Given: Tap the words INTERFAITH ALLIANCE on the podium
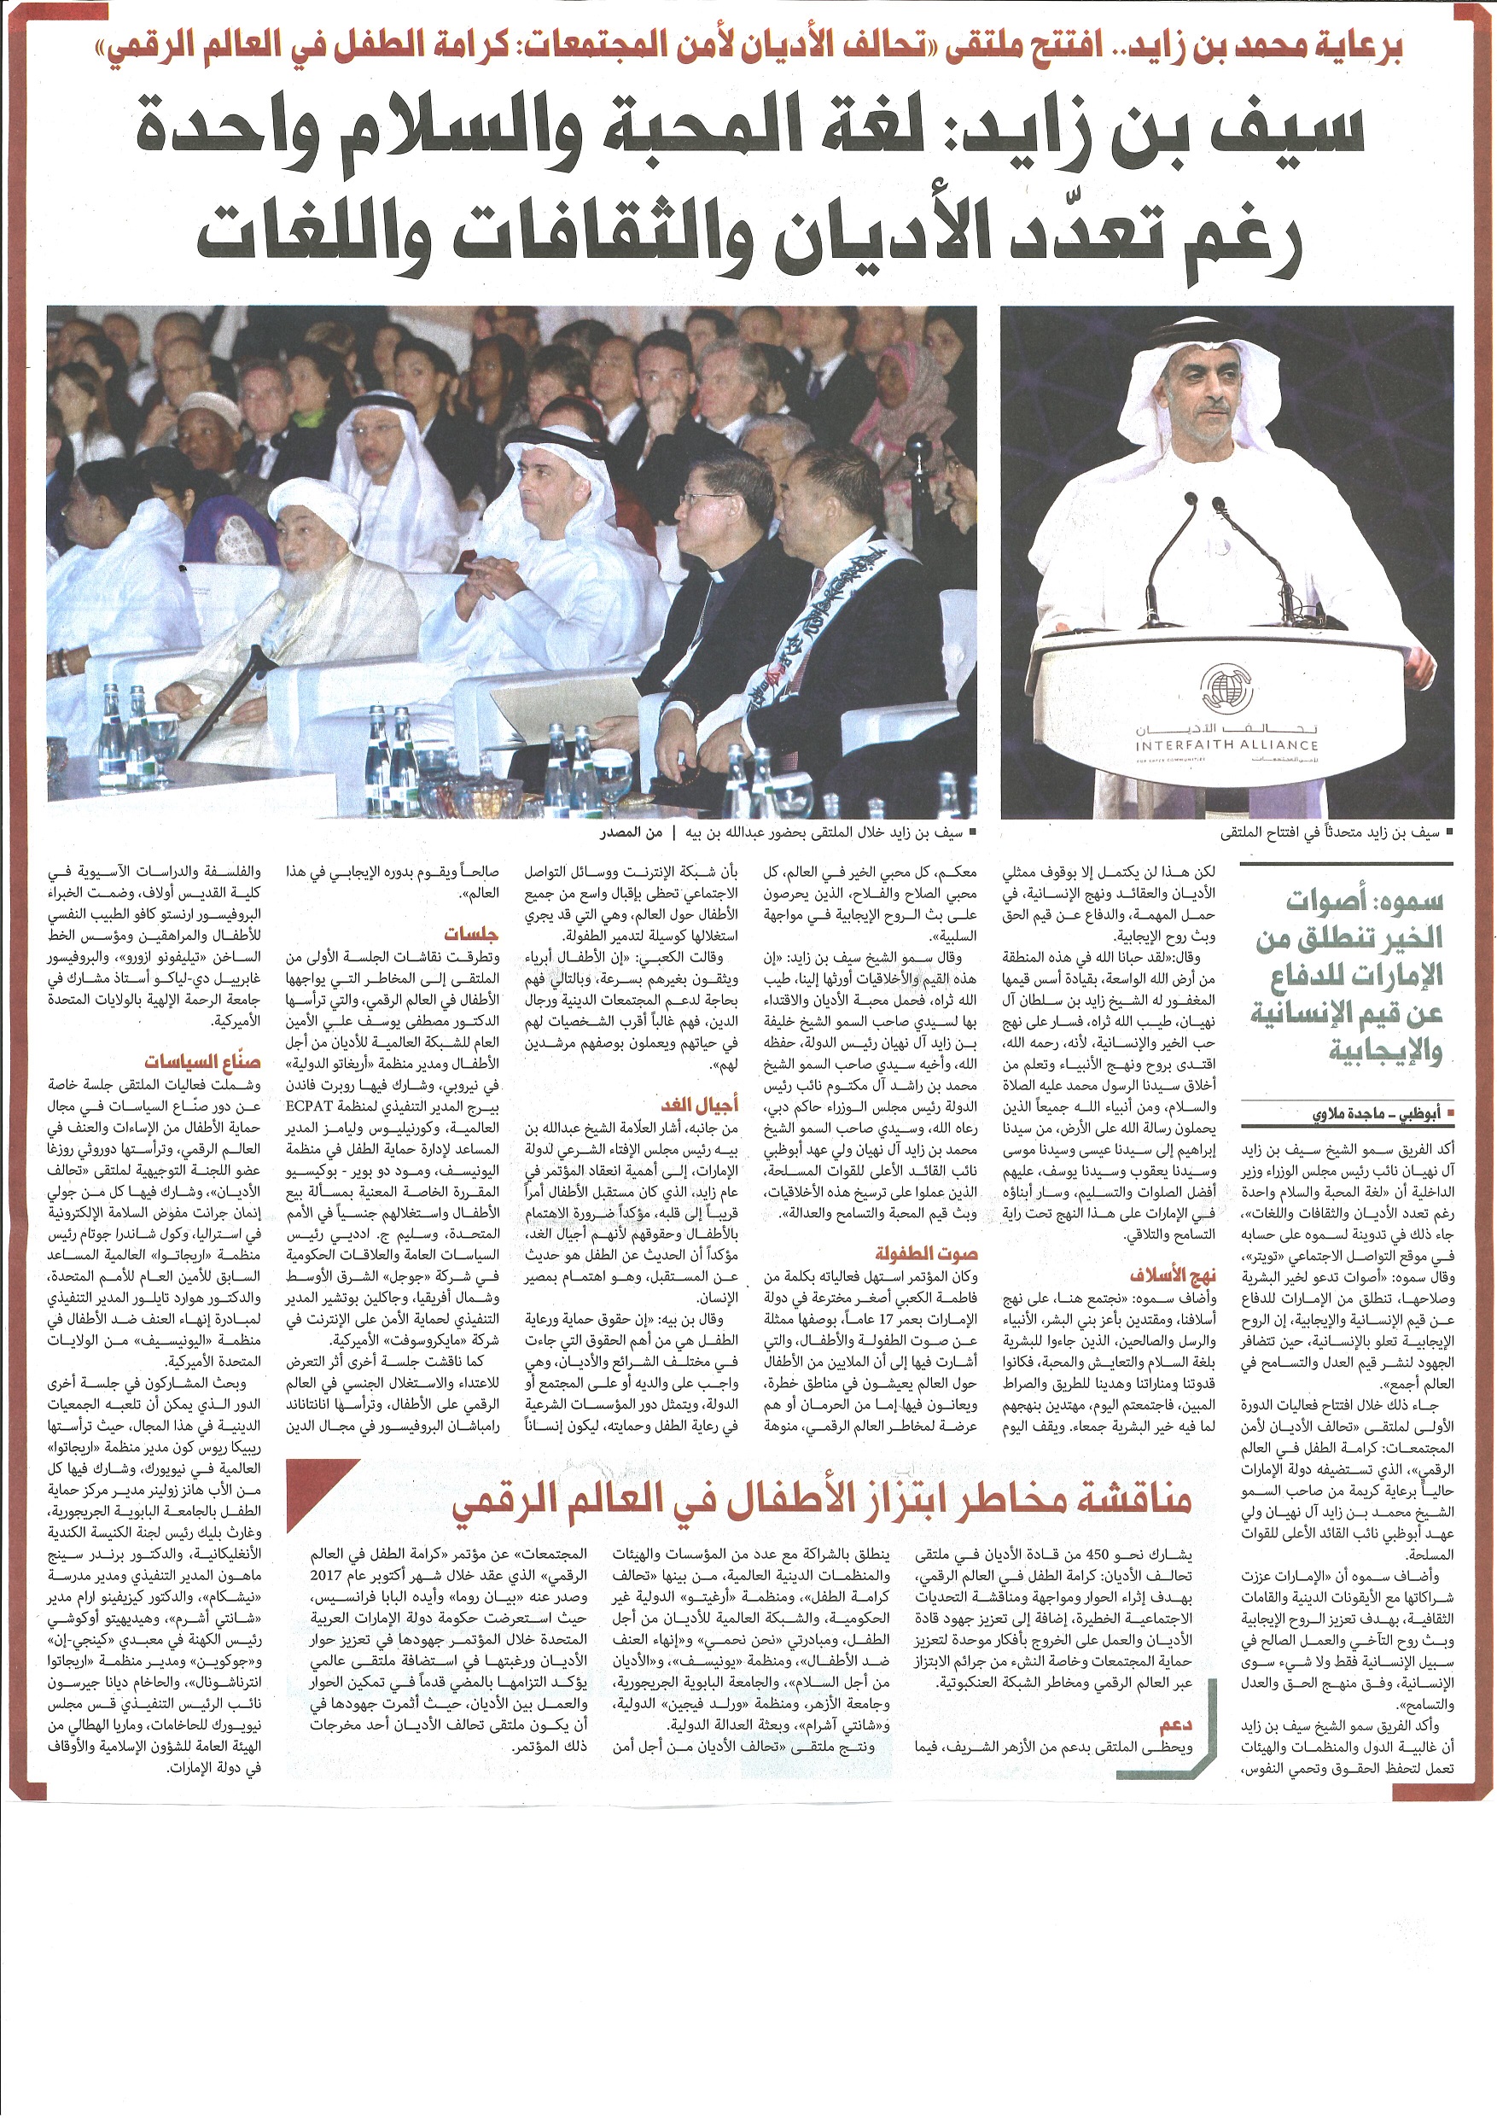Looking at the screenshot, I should [x=1226, y=744].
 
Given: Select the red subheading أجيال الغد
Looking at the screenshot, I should [x=699, y=1106].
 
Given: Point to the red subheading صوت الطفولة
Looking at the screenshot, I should [x=925, y=1254].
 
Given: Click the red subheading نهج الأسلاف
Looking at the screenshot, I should [x=1174, y=1275].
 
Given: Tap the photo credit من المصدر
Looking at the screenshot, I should [x=631, y=833].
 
